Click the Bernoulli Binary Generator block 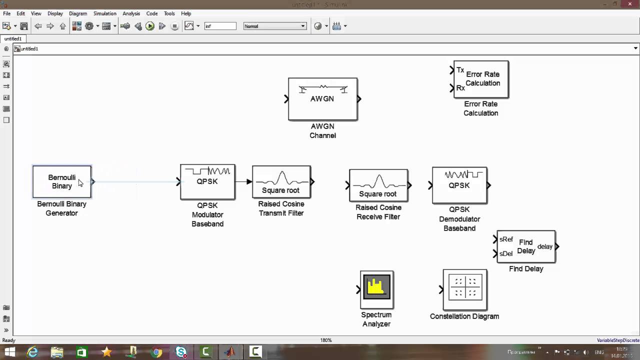tap(62, 182)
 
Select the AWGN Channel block tap(322, 99)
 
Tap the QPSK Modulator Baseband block tap(207, 182)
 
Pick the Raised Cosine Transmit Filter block tap(281, 182)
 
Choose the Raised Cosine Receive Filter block tap(378, 185)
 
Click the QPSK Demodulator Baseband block tap(459, 185)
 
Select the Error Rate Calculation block tap(481, 79)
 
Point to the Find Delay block tap(526, 246)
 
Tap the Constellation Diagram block tap(465, 289)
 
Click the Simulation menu tap(104, 13)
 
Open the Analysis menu tap(131, 13)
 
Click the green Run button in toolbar tap(150, 26)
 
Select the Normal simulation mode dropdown tap(274, 26)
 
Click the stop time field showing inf tap(220, 26)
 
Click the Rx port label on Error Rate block tap(460, 88)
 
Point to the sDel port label tap(506, 254)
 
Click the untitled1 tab tap(13, 38)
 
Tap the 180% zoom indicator tap(326, 340)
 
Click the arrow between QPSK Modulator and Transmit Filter tap(243, 181)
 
